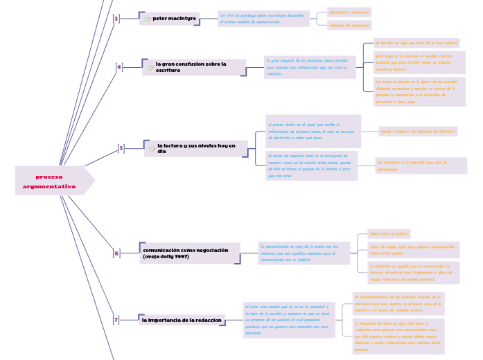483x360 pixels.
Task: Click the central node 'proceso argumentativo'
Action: (50, 181)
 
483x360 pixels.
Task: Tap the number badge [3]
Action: (116, 19)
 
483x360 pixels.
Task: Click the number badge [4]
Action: (119, 67)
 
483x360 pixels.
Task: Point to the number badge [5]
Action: (121, 148)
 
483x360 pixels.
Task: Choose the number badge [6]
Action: (116, 253)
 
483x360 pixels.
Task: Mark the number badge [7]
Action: (116, 320)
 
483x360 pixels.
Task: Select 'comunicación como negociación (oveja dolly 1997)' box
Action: (190, 253)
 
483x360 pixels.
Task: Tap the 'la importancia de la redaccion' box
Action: (182, 320)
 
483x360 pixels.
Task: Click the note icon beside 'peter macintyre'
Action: (148, 19)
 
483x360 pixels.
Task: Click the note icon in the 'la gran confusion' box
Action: (150, 68)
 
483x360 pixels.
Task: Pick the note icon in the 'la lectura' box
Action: (152, 148)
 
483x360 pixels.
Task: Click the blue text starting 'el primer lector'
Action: (313, 131)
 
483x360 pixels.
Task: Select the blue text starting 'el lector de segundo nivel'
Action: (312, 166)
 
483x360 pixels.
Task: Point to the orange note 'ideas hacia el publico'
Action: (389, 234)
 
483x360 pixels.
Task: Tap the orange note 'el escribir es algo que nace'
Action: (416, 43)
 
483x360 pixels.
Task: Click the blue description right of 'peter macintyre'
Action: (263, 19)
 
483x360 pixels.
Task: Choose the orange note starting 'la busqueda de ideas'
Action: (398, 336)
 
